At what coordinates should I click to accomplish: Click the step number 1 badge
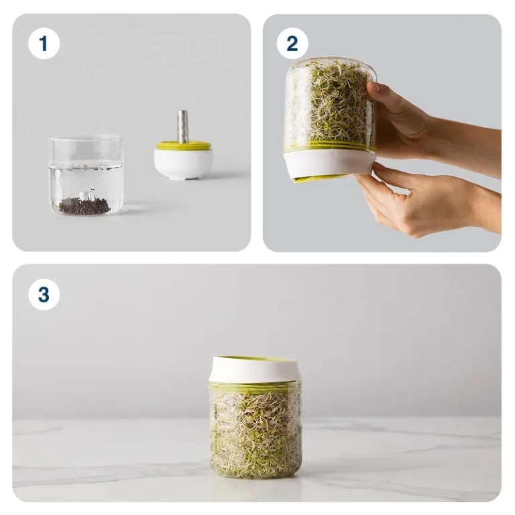(44, 44)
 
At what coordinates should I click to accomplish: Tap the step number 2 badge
(292, 44)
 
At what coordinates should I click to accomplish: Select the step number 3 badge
(44, 294)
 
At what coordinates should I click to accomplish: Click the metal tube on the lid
(182, 127)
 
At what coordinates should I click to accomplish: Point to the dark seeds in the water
(84, 206)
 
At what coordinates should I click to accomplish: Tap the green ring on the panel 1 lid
(183, 146)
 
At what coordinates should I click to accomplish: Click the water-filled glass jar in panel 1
(86, 176)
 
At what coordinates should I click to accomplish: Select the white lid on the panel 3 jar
(255, 369)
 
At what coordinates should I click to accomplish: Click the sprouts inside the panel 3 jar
(255, 434)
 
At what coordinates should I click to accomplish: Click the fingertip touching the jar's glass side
(373, 87)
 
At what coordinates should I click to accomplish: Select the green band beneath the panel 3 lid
(255, 387)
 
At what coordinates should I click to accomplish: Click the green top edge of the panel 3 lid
(255, 358)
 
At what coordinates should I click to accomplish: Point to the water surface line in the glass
(86, 168)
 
